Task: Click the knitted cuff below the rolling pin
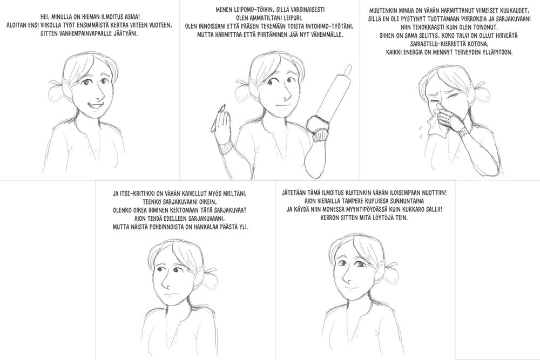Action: [x=323, y=134]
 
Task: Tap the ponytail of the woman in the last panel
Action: [x=390, y=272]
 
